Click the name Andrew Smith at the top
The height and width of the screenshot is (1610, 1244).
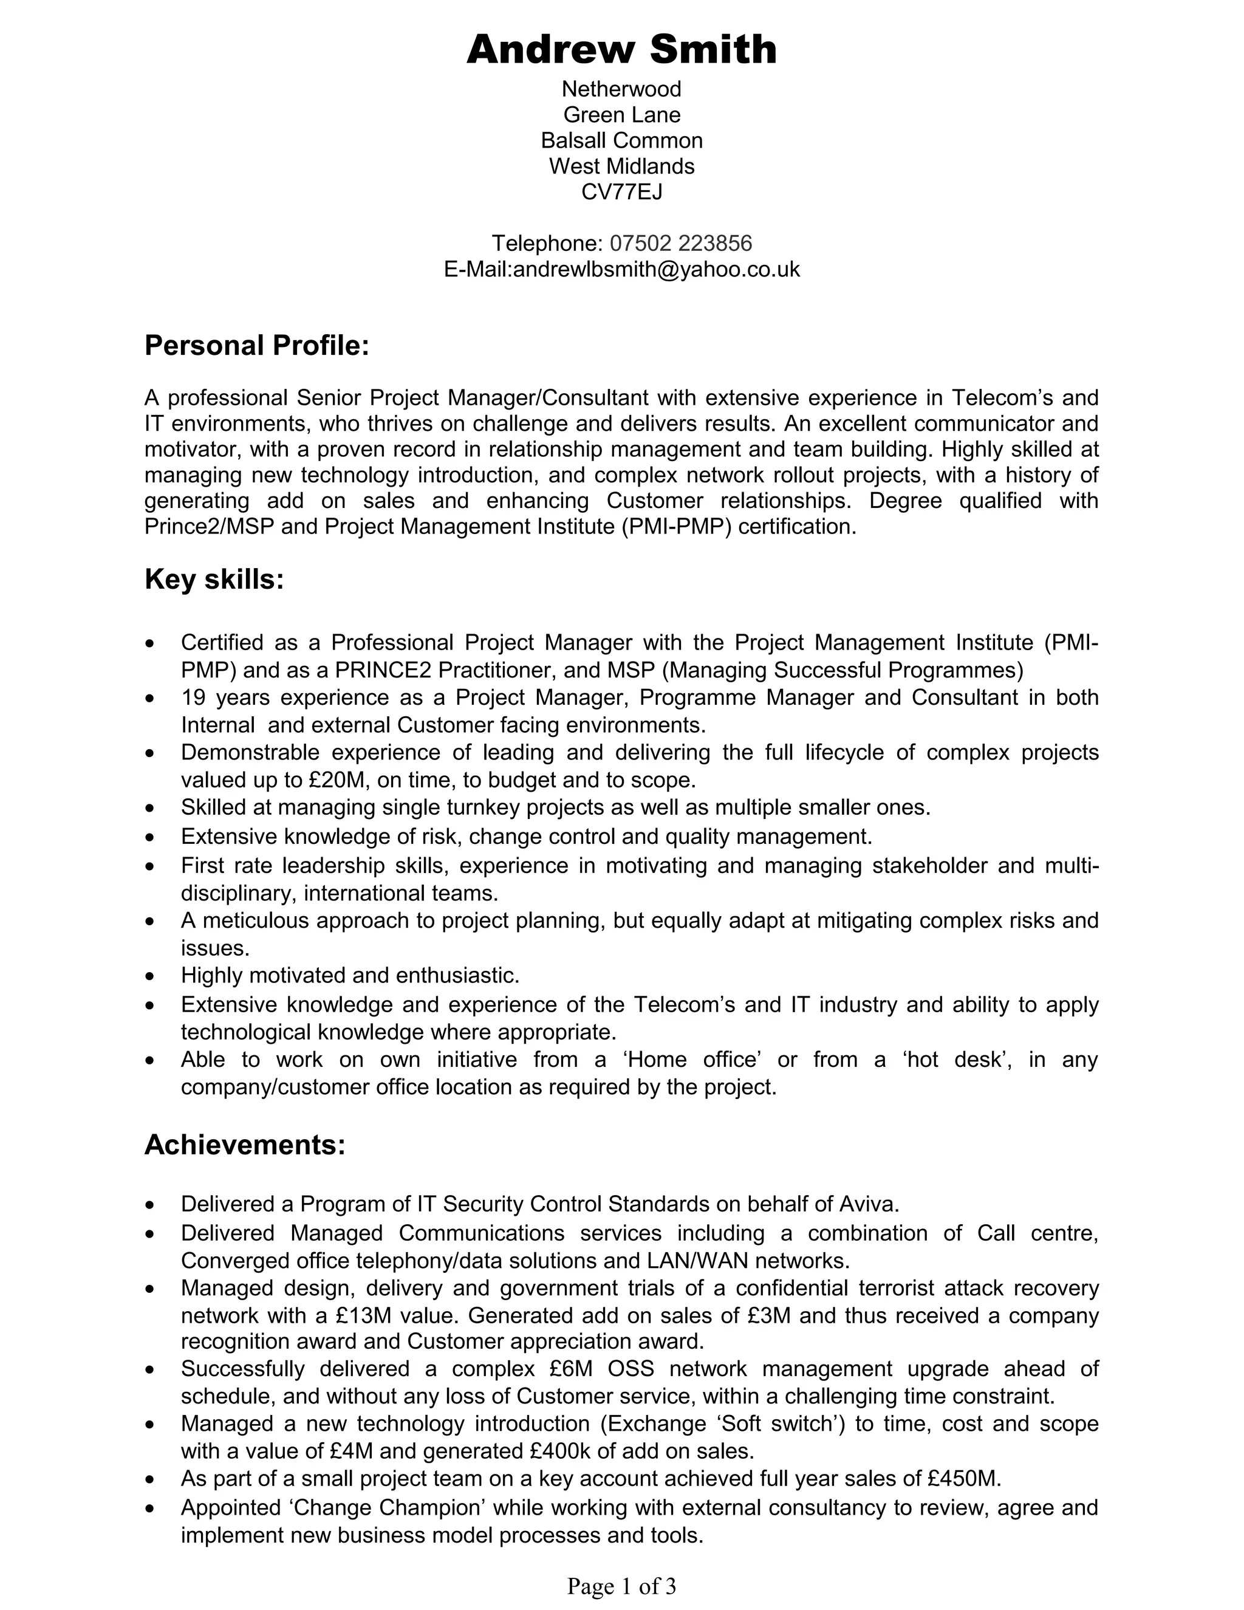[x=621, y=50]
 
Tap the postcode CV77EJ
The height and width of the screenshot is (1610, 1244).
[x=621, y=191]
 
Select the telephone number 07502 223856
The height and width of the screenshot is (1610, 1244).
[x=680, y=243]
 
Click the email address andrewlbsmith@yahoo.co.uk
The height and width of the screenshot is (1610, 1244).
[x=656, y=269]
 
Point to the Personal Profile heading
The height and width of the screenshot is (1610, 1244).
[x=256, y=345]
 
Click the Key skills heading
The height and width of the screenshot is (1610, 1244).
[x=214, y=580]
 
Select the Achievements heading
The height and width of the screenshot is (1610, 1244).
[x=245, y=1145]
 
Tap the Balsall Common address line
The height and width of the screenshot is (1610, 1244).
[x=621, y=140]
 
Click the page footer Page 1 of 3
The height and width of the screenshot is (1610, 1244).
[x=621, y=1585]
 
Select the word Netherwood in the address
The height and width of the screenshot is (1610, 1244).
[x=621, y=89]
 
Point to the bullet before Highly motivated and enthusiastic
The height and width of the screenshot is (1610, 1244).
[x=151, y=977]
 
